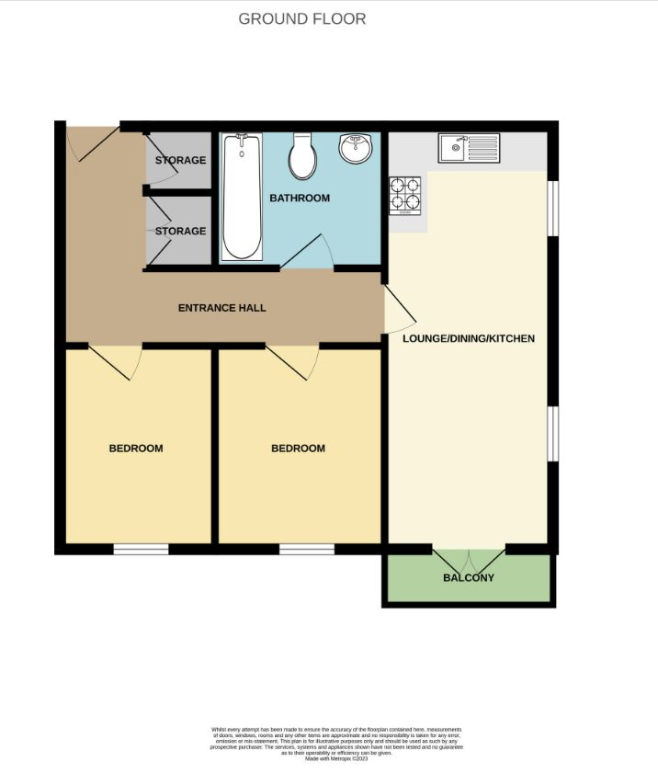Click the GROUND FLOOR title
[302, 18]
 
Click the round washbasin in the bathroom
[355, 147]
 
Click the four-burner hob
[405, 194]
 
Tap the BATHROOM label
[300, 198]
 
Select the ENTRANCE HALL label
[221, 307]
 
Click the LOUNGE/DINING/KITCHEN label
[469, 338]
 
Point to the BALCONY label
[469, 578]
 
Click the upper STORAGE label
[180, 161]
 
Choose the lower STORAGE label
[180, 231]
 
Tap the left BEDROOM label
[136, 449]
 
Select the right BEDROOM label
[298, 449]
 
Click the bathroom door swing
[309, 254]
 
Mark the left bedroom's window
[142, 550]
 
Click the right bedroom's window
[306, 550]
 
